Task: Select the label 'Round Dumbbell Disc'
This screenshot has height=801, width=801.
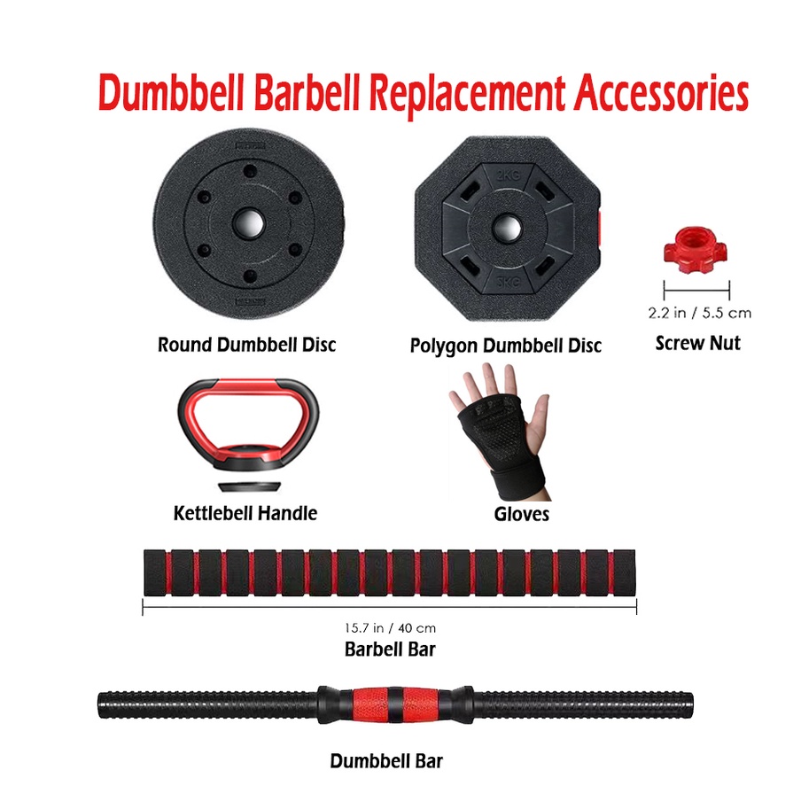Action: pos(246,344)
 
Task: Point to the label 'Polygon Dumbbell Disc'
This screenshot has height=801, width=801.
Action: pos(505,345)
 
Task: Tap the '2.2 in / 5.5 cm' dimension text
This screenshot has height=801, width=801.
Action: pos(699,313)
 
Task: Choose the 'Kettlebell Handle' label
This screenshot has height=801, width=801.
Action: pos(245,512)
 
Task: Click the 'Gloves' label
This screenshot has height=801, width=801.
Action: pos(521,514)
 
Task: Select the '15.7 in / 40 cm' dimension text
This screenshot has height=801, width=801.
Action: pos(390,628)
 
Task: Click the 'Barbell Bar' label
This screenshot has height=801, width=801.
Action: pos(390,649)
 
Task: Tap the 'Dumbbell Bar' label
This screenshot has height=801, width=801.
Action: pos(386,760)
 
